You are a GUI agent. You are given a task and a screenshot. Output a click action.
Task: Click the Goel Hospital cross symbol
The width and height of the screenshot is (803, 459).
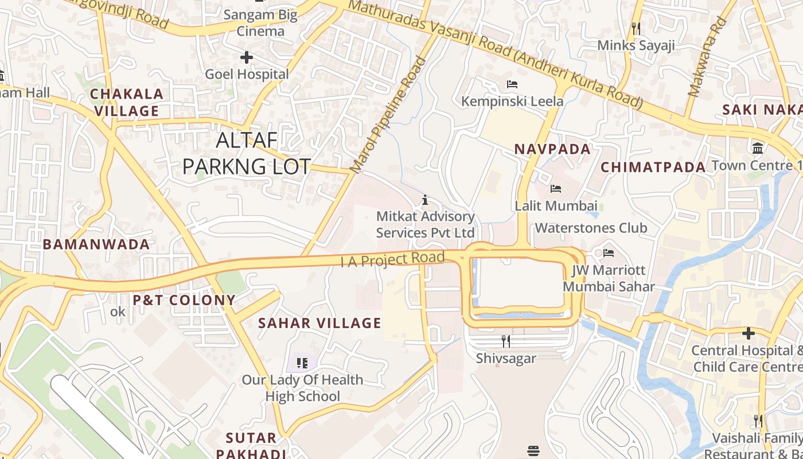(x=247, y=57)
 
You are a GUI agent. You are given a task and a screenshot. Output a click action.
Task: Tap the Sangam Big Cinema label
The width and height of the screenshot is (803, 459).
(x=260, y=23)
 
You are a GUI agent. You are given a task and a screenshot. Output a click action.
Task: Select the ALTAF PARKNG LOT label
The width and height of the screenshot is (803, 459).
(x=247, y=153)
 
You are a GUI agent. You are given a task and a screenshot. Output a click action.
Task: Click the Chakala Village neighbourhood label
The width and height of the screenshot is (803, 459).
(x=127, y=102)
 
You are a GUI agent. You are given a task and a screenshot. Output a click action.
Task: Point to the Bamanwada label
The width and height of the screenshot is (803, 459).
(x=96, y=244)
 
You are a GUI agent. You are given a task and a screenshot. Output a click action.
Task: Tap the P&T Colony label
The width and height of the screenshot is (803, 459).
(x=184, y=300)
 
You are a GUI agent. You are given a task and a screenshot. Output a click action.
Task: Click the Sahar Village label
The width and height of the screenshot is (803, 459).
(x=319, y=323)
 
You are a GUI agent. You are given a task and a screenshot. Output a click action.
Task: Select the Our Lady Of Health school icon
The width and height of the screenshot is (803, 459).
(x=302, y=363)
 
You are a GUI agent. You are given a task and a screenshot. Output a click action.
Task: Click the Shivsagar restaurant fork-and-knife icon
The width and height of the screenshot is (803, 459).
(x=506, y=341)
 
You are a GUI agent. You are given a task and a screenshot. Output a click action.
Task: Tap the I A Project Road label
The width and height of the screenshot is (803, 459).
(x=393, y=259)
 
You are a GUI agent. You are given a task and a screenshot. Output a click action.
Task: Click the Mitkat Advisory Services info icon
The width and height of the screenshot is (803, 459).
(x=425, y=200)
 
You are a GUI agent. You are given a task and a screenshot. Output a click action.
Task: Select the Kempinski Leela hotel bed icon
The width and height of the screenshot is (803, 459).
(x=512, y=84)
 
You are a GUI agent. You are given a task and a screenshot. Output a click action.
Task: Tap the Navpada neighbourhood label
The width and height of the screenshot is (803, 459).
(x=552, y=149)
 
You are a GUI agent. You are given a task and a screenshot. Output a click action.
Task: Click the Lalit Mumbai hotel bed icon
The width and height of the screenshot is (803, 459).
(x=555, y=188)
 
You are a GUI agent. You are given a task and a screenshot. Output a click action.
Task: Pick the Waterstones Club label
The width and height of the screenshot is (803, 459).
(x=591, y=228)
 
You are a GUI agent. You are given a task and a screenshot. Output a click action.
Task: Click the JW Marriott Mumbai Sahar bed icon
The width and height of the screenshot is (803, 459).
(x=609, y=252)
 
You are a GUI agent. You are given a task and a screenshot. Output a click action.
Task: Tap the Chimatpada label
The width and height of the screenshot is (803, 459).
(x=653, y=168)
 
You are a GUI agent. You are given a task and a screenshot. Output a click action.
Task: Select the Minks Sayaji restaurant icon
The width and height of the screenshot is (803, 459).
(x=636, y=28)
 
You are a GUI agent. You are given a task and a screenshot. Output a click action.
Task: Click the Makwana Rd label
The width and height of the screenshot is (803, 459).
(x=707, y=57)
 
